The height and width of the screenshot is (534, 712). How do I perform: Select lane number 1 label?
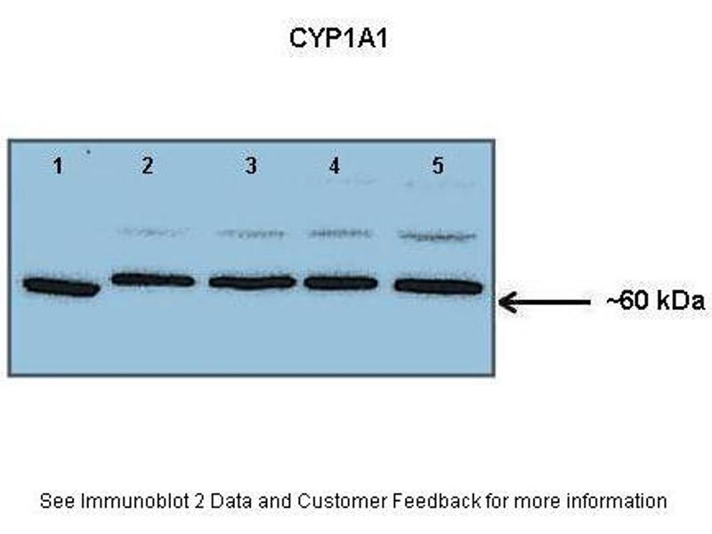(58, 166)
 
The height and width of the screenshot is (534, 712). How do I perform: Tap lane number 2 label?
(147, 166)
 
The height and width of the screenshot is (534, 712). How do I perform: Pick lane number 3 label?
(251, 166)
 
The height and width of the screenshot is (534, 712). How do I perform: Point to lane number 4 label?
(334, 166)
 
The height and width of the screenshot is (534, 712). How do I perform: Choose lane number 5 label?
(438, 166)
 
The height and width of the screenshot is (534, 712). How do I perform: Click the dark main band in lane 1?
(61, 287)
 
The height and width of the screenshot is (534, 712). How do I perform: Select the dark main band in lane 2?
(153, 279)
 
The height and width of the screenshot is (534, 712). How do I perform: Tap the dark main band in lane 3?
(252, 282)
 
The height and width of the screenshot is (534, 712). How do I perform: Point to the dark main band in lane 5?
(437, 286)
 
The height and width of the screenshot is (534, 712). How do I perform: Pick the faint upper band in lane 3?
(252, 234)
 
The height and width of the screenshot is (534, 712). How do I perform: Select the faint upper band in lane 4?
(339, 234)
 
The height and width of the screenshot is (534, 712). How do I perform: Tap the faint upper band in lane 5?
(435, 236)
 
